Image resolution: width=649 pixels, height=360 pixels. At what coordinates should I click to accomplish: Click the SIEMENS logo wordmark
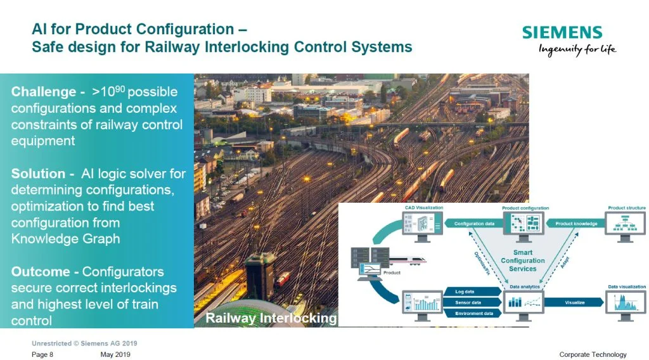(562, 33)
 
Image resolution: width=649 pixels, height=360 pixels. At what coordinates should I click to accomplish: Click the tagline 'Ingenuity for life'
(577, 50)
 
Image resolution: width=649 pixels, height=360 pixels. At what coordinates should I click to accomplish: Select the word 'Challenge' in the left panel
(43, 92)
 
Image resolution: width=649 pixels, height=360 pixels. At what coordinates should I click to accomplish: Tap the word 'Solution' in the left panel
(38, 174)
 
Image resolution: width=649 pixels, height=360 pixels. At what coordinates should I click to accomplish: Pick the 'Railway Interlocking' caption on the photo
(271, 318)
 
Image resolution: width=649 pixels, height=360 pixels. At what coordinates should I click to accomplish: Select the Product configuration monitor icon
(524, 224)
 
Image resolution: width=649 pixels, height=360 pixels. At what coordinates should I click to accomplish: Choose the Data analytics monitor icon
(524, 304)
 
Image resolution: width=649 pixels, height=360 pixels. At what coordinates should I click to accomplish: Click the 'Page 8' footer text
(42, 354)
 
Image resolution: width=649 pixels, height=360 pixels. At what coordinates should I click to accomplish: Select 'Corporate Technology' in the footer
(593, 354)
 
